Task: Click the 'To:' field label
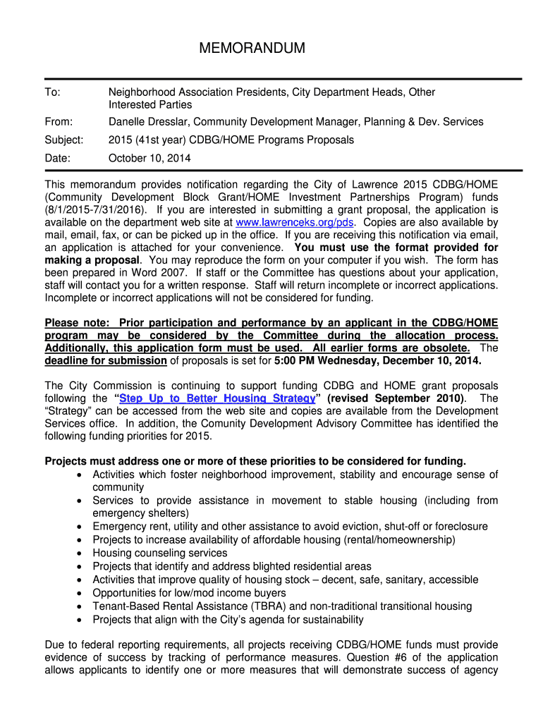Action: pyautogui.click(x=53, y=92)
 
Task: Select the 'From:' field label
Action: pyautogui.click(x=59, y=122)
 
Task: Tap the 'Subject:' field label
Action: pyautogui.click(x=64, y=140)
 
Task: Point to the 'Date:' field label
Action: pyautogui.click(x=58, y=158)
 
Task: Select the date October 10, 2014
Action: pyautogui.click(x=149, y=158)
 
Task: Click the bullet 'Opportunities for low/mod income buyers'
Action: pyautogui.click(x=189, y=593)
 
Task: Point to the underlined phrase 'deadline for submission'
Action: pyautogui.click(x=106, y=361)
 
